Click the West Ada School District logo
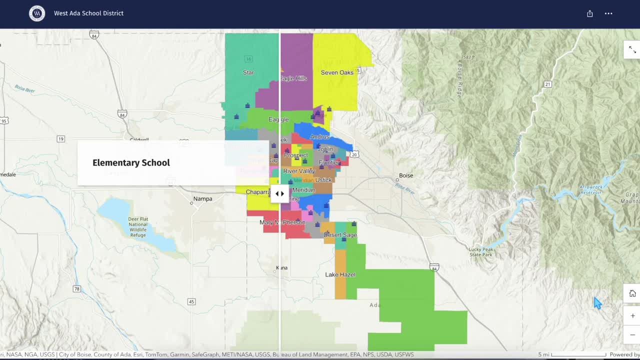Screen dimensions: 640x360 tap(37, 13)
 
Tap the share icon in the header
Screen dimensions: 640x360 tap(590, 13)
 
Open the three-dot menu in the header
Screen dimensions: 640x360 tap(608, 13)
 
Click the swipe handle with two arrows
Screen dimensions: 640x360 tap(279, 193)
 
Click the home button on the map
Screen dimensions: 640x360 tap(632, 293)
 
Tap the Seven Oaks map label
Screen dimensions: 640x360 tap(337, 72)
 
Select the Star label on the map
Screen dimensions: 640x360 tap(248, 72)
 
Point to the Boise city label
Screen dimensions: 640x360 tap(406, 175)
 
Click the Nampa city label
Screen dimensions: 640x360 tap(202, 198)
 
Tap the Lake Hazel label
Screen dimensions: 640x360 tap(340, 274)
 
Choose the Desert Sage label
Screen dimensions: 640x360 tap(340, 235)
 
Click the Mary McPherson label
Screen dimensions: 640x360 tap(282, 222)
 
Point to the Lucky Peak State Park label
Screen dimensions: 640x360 tap(481, 252)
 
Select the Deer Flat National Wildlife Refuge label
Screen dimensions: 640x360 tap(137, 227)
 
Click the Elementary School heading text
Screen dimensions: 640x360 tap(131, 162)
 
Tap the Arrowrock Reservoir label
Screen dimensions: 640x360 tap(591, 189)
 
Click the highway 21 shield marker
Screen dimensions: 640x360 tap(548, 84)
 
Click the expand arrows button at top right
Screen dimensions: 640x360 tap(632, 49)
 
